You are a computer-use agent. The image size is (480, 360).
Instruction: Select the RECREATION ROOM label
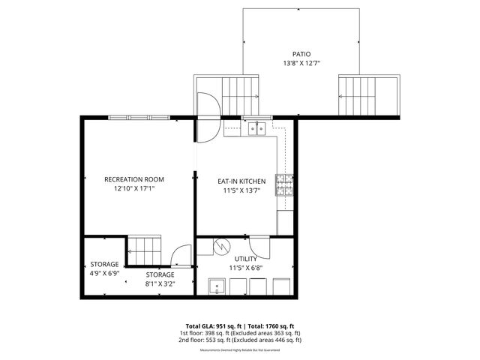pos(134,179)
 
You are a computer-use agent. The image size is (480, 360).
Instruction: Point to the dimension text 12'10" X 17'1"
pos(134,190)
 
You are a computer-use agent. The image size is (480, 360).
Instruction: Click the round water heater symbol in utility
pos(221,245)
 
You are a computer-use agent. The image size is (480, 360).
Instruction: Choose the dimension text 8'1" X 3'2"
pos(160,284)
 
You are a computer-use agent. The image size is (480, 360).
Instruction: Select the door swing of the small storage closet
pos(181,257)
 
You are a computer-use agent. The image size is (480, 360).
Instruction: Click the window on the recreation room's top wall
pos(139,117)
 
